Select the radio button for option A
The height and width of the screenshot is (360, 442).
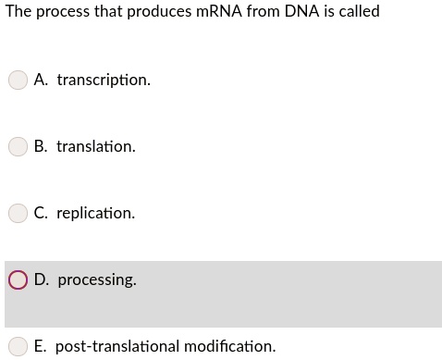click(x=18, y=81)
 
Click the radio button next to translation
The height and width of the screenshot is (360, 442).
click(x=18, y=147)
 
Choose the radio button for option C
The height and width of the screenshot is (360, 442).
click(x=18, y=214)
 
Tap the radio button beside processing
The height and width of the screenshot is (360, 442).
click(x=18, y=279)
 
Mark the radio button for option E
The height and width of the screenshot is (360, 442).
click(x=18, y=347)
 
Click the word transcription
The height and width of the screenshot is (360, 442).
click(x=103, y=81)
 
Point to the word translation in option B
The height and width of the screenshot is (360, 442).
click(x=95, y=147)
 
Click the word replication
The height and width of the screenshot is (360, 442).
click(x=95, y=214)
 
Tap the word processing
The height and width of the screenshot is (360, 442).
click(x=97, y=279)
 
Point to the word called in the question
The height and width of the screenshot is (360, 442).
click(x=358, y=12)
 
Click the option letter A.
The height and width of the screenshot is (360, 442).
click(x=40, y=81)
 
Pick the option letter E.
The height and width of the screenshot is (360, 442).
click(x=40, y=347)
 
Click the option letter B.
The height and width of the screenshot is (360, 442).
click(x=40, y=147)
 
